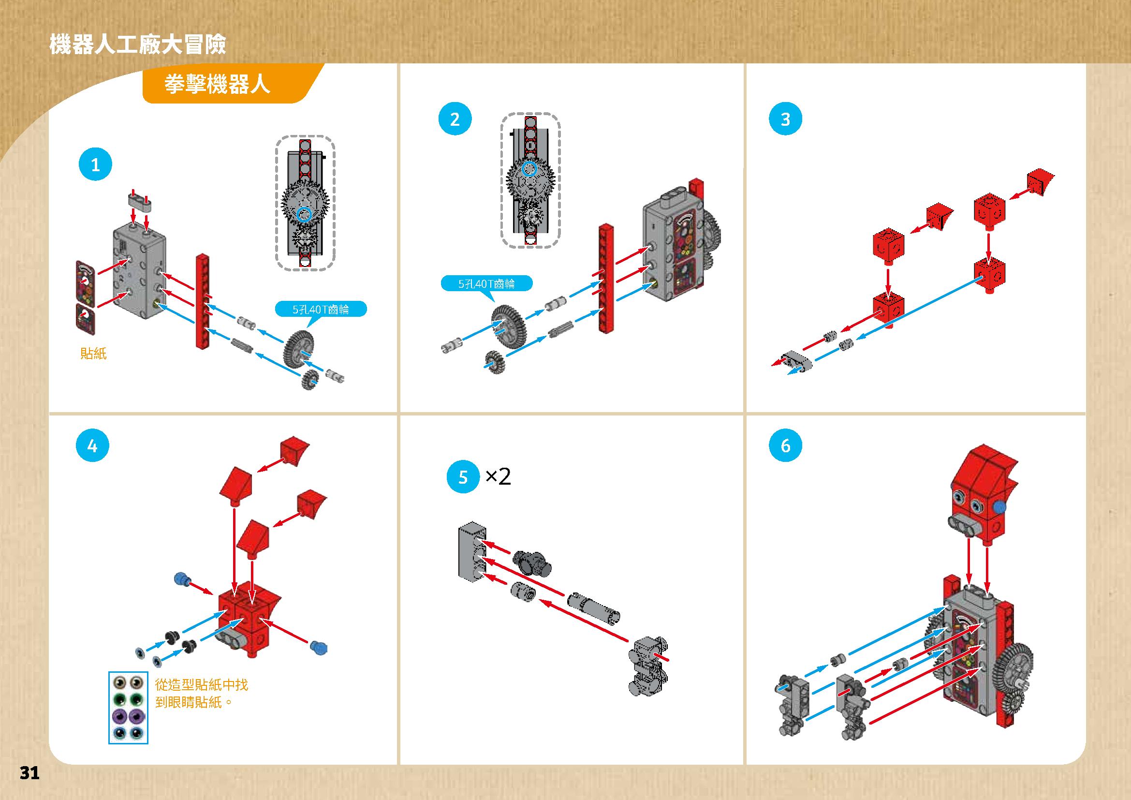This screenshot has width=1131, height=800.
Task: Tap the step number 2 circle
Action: coord(455,119)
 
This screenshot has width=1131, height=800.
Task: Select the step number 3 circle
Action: coord(785,119)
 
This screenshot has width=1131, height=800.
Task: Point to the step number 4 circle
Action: coord(92,446)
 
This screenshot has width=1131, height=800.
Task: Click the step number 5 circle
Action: coord(463,477)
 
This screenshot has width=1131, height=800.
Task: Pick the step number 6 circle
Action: coord(785,446)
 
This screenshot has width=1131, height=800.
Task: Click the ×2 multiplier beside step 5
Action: coord(498,477)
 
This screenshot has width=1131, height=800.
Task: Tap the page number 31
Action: coord(29,773)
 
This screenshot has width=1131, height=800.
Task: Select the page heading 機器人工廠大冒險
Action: coord(137,44)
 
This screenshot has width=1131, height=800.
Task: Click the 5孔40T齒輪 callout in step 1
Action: coord(321,310)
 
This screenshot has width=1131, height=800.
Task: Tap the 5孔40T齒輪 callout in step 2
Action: coord(486,284)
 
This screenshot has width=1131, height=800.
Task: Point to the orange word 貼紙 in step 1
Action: coord(93,353)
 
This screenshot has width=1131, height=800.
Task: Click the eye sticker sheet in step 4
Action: coord(128,707)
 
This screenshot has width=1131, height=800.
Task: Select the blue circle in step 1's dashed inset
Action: coord(305,214)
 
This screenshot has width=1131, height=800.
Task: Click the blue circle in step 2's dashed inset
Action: coord(529,169)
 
